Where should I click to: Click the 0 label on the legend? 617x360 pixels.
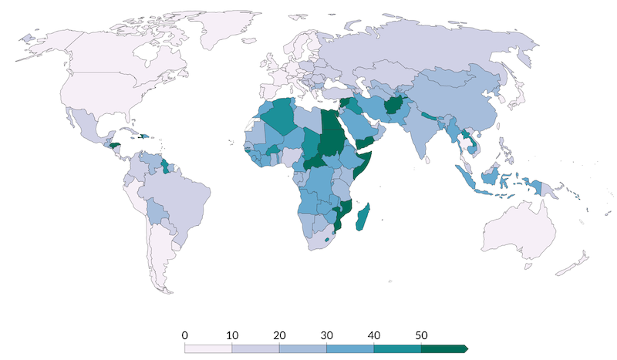[x=184, y=335]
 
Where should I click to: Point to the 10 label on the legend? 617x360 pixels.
[x=231, y=335]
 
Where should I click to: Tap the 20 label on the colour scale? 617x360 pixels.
[x=279, y=335]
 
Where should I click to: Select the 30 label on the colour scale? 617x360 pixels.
[x=326, y=335]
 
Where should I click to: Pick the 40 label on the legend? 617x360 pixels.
[x=374, y=335]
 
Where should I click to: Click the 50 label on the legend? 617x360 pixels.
[x=421, y=335]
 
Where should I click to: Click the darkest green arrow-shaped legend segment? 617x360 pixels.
[x=443, y=348]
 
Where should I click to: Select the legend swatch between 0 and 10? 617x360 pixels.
[x=208, y=348]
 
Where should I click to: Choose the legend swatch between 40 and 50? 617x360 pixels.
[x=397, y=348]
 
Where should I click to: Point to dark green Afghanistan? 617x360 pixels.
[x=390, y=106]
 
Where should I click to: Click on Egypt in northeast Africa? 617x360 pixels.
[x=330, y=121]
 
